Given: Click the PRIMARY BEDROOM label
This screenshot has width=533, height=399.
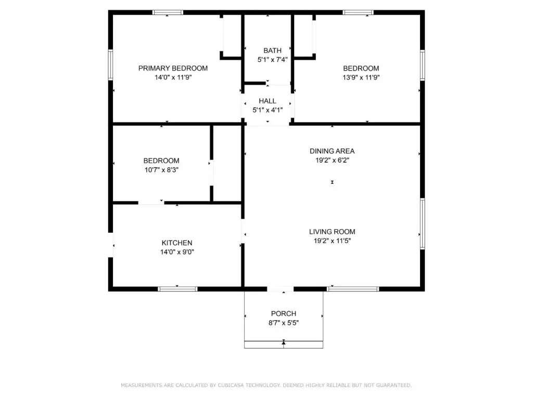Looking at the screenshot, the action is [173, 68].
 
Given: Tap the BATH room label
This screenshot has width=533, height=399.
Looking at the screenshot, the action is [272, 50].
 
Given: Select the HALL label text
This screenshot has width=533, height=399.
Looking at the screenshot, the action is [267, 101].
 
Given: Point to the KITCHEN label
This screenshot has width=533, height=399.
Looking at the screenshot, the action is [177, 243].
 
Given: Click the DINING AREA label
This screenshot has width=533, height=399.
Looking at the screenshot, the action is [332, 151].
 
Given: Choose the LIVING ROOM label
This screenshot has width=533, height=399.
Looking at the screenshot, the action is [332, 232].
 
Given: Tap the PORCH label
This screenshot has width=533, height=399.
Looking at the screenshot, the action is [284, 314].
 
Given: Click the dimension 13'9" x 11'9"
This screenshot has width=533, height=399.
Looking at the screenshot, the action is [361, 77].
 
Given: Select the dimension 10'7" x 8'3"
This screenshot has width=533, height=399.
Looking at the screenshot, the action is [161, 170].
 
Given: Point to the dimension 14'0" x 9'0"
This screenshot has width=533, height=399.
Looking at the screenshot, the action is [177, 252].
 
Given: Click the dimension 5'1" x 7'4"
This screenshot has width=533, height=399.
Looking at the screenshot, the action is [272, 60].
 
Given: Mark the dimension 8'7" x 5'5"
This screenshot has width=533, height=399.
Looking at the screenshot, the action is [284, 323].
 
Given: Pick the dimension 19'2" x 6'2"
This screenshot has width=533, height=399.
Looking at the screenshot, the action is [332, 160].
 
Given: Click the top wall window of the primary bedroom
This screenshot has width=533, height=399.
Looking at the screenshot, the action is [168, 12].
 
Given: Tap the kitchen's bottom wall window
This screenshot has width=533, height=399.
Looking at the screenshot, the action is [177, 289].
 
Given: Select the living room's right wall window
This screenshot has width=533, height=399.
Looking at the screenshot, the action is [423, 223].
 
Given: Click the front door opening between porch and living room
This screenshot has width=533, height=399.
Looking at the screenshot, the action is [280, 289].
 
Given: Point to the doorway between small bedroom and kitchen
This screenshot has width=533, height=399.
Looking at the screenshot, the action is [151, 203].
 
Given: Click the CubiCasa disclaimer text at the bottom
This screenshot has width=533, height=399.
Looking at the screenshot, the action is [266, 385].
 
